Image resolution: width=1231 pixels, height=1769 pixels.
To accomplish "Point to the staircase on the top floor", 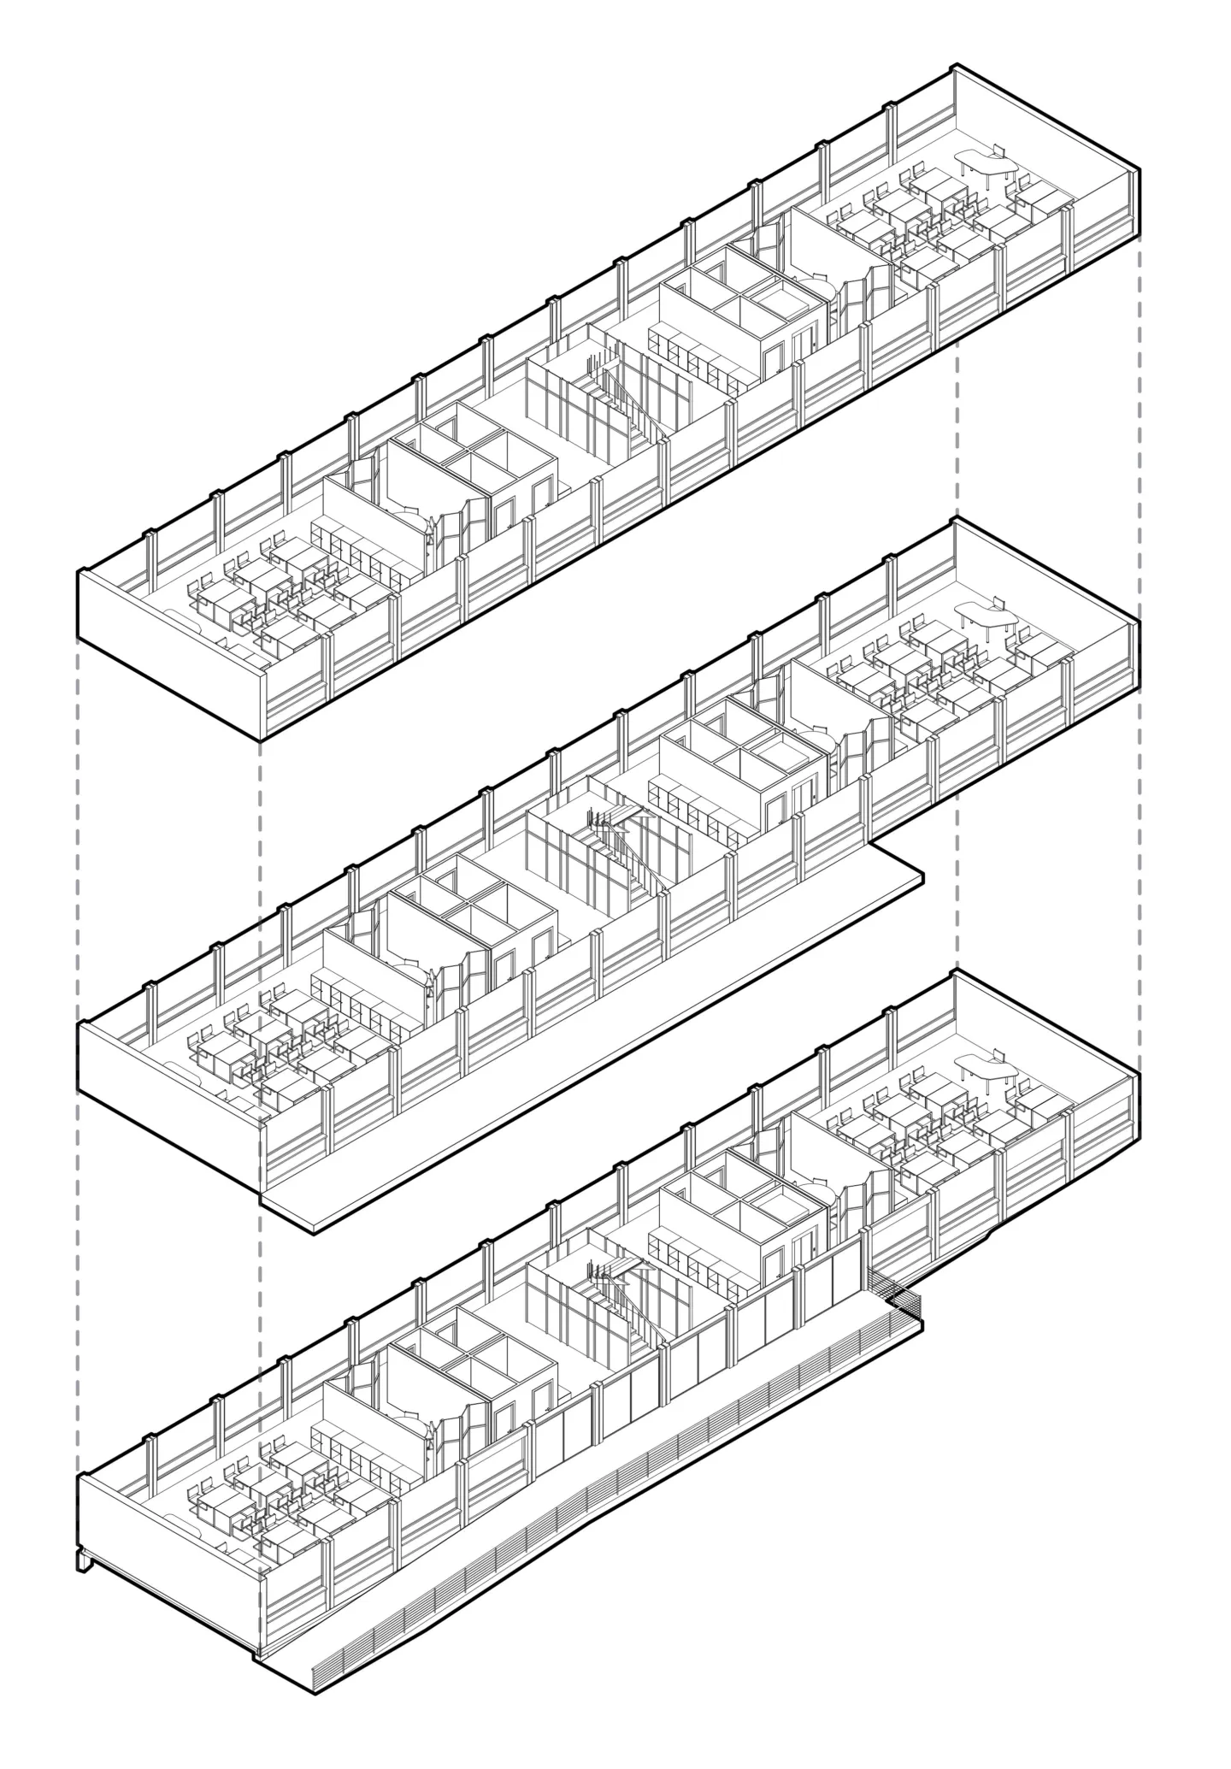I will pos(611,389).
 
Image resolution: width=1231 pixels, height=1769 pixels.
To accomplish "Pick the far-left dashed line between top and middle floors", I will pos(78,770).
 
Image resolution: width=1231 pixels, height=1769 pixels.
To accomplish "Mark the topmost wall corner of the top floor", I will pos(955,67).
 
